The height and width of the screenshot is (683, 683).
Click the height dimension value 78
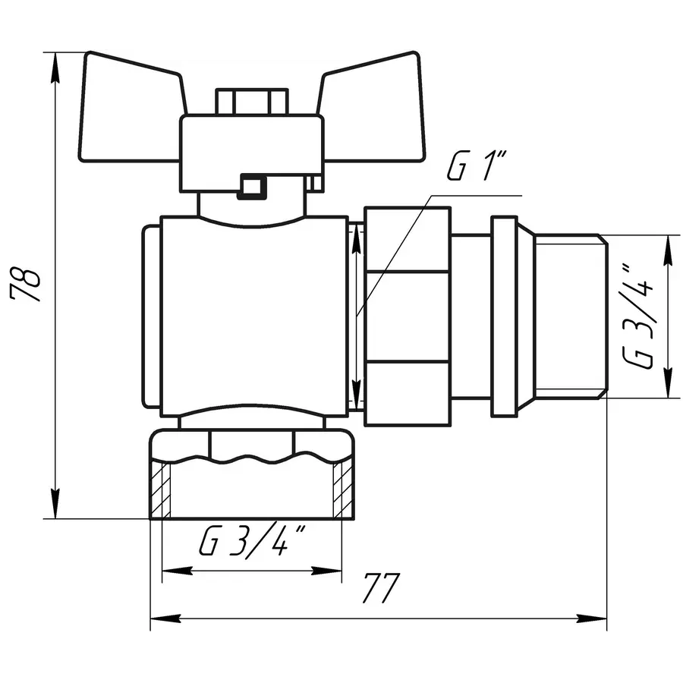click(x=28, y=285)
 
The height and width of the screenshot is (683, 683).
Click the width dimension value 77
click(x=380, y=587)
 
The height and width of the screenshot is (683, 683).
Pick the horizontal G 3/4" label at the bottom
click(x=253, y=543)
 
